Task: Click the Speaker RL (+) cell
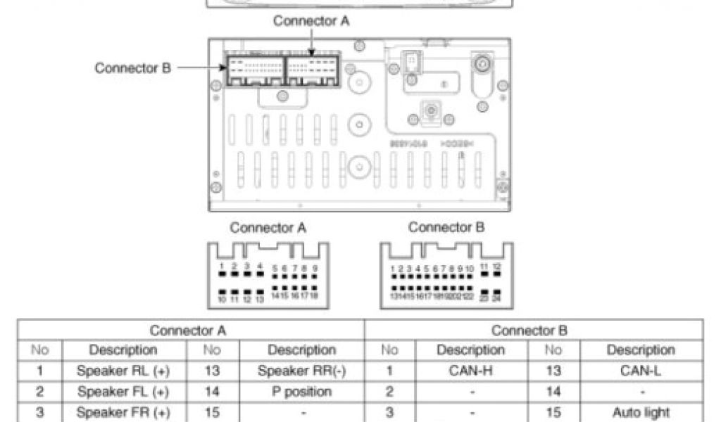pos(123,371)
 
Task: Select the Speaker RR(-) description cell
pos(301,371)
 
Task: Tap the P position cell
pos(301,391)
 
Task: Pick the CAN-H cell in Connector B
pos(470,371)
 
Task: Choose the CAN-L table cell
pos(640,371)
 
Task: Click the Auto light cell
pos(640,412)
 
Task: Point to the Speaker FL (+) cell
pos(123,391)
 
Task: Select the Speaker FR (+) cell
pos(123,412)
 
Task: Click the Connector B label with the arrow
pos(132,68)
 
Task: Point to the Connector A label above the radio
pos(311,20)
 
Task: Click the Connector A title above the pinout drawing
pos(268,228)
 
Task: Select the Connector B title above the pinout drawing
pos(446,228)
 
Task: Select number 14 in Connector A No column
pos(213,391)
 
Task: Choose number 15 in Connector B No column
pos(553,412)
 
